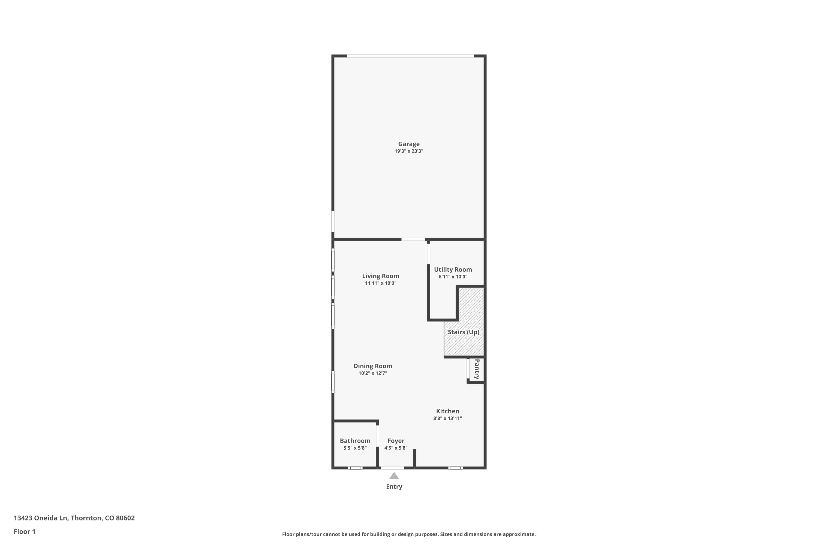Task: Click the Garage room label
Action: [x=409, y=144]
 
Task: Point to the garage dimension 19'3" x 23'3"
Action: [x=409, y=151]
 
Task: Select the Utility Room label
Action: [x=453, y=270]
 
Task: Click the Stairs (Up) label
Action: [x=463, y=332]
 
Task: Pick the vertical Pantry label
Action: [x=477, y=369]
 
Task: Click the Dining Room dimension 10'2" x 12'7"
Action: [x=373, y=373]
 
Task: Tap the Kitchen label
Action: [x=448, y=411]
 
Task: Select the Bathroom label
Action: [x=355, y=441]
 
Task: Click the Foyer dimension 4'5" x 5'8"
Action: [x=396, y=448]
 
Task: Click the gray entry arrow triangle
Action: [x=394, y=476]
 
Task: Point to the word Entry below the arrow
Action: [x=394, y=487]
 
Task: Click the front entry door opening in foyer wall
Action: [x=392, y=468]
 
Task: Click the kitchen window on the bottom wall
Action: [x=455, y=468]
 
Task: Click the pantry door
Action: [x=468, y=368]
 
